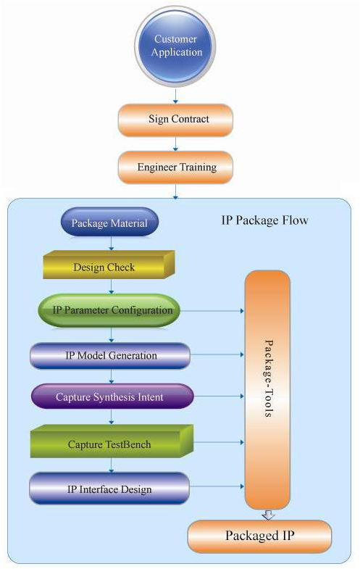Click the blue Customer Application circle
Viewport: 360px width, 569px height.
(175, 46)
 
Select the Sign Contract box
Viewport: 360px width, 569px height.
(175, 120)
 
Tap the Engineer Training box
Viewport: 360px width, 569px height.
(175, 167)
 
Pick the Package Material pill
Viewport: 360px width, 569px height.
(109, 222)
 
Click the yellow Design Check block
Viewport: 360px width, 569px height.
(109, 265)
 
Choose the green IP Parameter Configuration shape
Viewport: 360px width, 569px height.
(109, 310)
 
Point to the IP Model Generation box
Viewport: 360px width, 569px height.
(110, 356)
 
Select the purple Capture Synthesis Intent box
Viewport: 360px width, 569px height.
(112, 396)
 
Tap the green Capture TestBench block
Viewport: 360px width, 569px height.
(112, 441)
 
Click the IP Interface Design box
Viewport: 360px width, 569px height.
(109, 489)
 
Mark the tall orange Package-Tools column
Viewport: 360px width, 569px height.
(267, 390)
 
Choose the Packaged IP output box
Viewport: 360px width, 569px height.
(259, 536)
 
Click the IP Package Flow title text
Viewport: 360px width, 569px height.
(264, 220)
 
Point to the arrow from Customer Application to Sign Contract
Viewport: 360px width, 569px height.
(175, 96)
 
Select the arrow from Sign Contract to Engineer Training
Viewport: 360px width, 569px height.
(175, 144)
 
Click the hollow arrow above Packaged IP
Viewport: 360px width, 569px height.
(268, 515)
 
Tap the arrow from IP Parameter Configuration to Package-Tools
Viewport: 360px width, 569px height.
(212, 311)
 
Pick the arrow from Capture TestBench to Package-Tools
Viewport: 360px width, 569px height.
(219, 442)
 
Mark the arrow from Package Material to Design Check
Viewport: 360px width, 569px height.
(112, 244)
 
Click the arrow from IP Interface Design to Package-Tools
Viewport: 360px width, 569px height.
(217, 486)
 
